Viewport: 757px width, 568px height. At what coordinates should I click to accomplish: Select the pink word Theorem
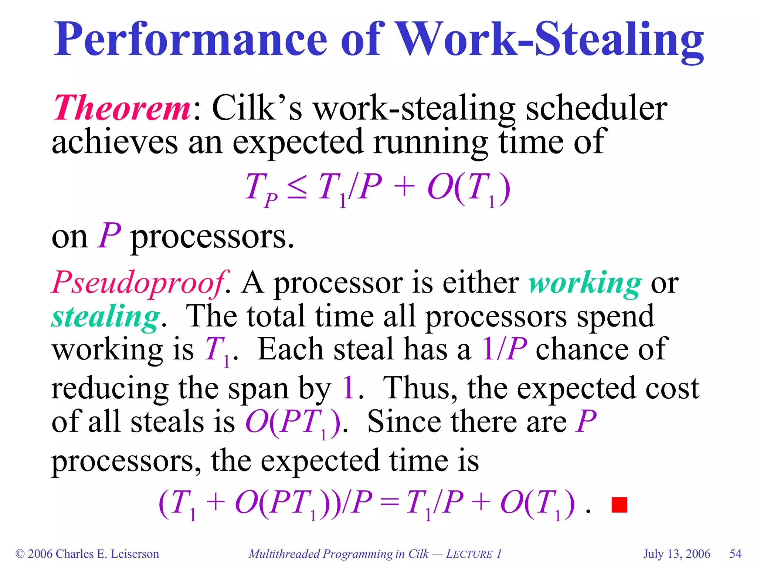point(122,108)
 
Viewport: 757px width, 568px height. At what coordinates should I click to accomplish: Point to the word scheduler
point(596,108)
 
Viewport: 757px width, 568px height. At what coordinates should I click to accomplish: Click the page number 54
point(736,554)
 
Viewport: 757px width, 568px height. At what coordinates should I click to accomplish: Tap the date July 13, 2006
point(677,554)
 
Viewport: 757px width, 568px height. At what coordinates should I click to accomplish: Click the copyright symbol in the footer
point(20,554)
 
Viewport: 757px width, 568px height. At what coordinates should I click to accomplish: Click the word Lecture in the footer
point(469,554)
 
